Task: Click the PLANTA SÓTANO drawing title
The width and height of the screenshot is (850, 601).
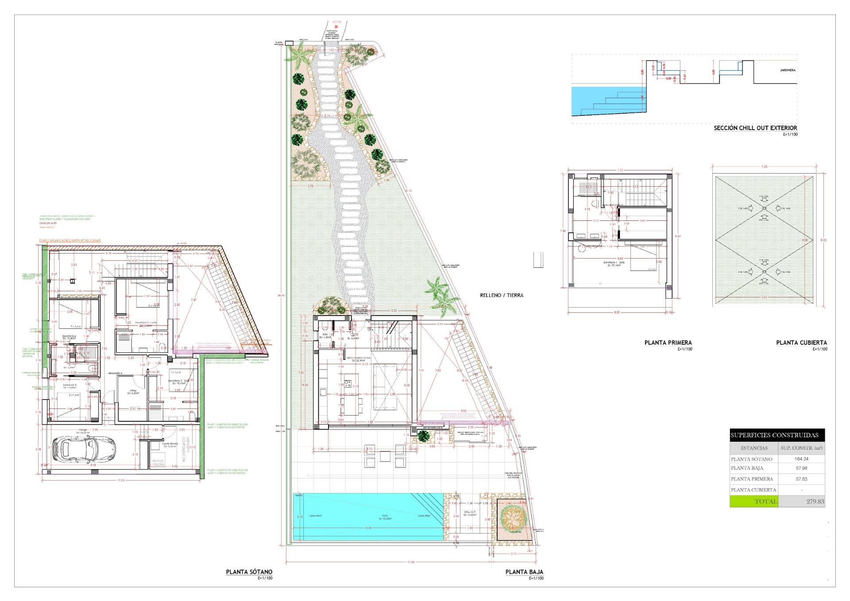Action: tap(249, 572)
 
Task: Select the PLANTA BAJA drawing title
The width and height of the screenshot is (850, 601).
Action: tap(524, 572)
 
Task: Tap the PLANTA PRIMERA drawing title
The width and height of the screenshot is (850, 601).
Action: tap(668, 343)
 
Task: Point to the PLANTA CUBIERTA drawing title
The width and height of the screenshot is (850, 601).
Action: tap(801, 343)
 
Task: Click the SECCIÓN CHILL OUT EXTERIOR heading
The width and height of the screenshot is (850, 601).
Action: tap(755, 128)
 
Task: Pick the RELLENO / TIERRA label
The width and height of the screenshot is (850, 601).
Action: tap(502, 295)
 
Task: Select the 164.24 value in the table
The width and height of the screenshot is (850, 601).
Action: tap(801, 459)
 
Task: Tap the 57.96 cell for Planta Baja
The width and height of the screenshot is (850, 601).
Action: tap(801, 468)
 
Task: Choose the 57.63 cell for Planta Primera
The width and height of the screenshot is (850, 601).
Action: tap(801, 479)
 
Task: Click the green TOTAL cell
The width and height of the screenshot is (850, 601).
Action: tap(754, 501)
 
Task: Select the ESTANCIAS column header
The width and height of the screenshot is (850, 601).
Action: tap(754, 448)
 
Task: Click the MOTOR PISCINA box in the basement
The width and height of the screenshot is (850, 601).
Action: tap(158, 462)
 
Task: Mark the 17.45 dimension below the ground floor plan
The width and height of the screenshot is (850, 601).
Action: tap(411, 562)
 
